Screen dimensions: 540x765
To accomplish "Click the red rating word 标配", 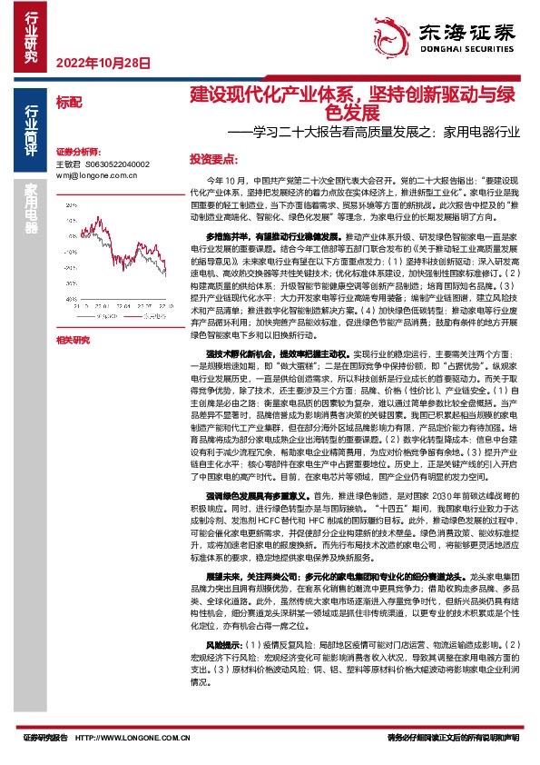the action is tap(69, 101).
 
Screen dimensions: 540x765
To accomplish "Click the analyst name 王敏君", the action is tap(69, 164).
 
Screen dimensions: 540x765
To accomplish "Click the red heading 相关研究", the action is tap(73, 340).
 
